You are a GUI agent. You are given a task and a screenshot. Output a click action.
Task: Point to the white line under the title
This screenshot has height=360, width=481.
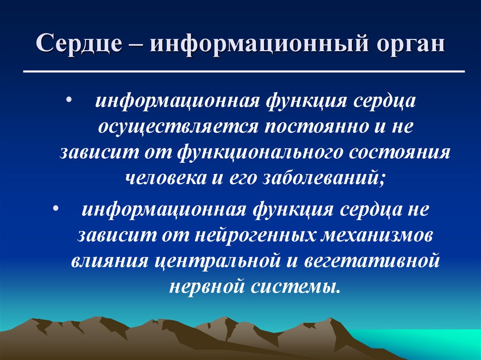pos(244,71)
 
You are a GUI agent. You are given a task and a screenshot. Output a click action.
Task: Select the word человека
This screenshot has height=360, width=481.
pos(163,178)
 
